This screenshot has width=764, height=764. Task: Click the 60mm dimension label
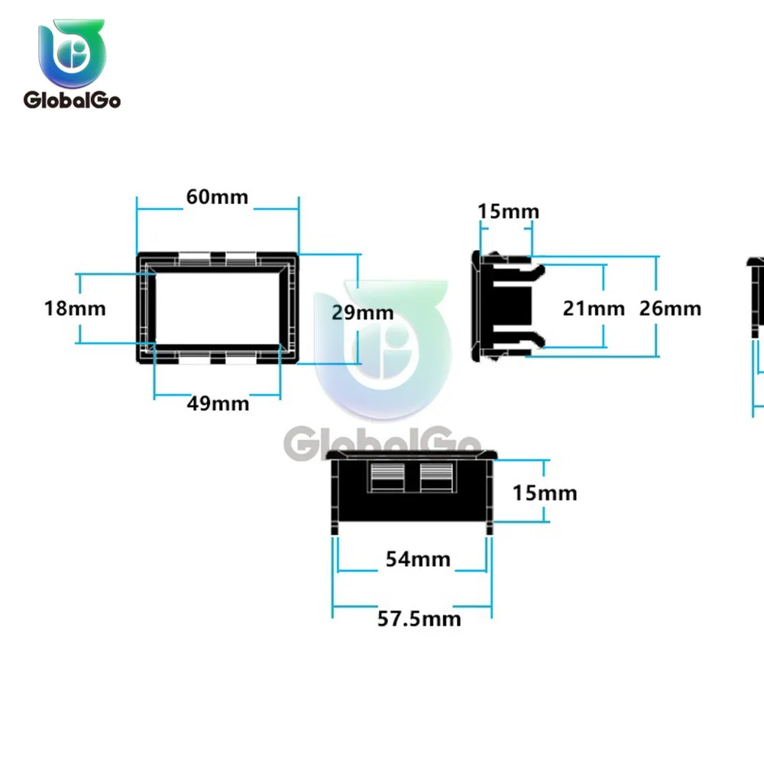click(x=217, y=197)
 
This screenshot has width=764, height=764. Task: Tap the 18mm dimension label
click(x=75, y=309)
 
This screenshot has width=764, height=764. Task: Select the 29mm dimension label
click(x=362, y=312)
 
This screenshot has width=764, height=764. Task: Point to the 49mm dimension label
click(x=218, y=403)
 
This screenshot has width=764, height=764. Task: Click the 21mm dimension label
click(x=594, y=309)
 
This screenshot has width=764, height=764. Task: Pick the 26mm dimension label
click(x=670, y=309)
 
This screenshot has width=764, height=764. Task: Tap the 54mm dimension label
click(x=418, y=559)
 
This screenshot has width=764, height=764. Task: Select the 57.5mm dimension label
click(x=419, y=619)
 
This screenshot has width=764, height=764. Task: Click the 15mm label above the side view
click(x=508, y=212)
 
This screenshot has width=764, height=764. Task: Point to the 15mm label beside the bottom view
click(x=545, y=493)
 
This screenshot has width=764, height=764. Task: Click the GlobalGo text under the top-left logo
click(x=72, y=100)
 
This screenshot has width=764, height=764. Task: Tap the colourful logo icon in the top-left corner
click(x=72, y=53)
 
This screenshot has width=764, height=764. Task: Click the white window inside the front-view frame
click(x=218, y=308)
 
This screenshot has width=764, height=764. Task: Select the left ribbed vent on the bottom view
click(x=387, y=477)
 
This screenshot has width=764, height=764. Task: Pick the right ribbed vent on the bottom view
click(x=436, y=477)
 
